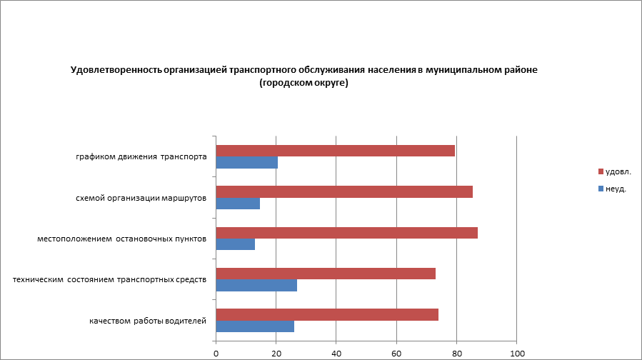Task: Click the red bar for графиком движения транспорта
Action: [335, 151]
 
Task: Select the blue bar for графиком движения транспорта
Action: [246, 163]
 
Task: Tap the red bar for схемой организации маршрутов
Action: [344, 191]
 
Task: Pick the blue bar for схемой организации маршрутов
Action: [238, 204]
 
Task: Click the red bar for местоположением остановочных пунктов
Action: [346, 233]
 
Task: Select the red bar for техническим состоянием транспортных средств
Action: [326, 274]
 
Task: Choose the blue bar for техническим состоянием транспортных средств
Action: [256, 286]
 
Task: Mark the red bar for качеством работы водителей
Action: [327, 315]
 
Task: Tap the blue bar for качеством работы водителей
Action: [255, 326]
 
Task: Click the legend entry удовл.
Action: [618, 171]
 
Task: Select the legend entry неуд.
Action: [615, 189]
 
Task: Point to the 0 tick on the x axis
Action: [216, 353]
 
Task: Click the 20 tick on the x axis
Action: [276, 353]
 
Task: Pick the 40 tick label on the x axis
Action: [336, 353]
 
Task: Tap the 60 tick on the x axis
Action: [396, 353]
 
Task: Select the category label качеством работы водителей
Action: [148, 321]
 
